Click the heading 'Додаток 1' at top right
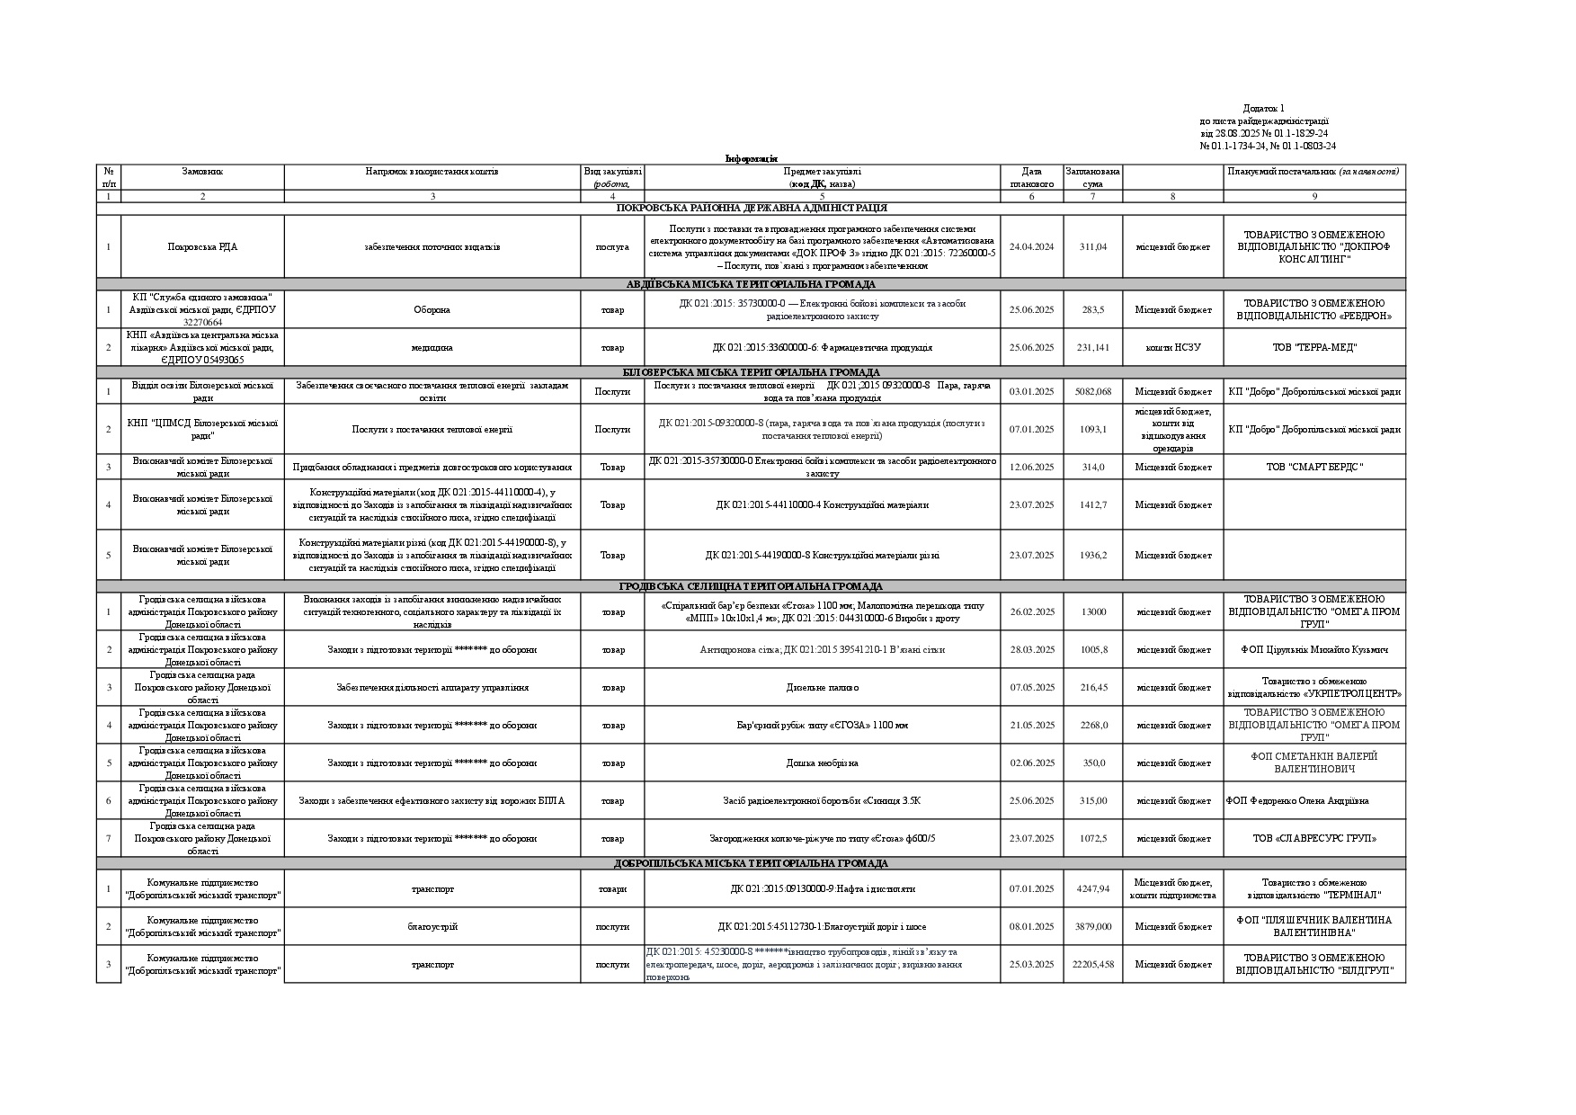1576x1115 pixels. (x=1263, y=109)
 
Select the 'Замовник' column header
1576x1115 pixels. (x=202, y=171)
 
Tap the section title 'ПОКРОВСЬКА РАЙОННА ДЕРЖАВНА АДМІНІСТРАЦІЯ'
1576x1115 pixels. (x=751, y=209)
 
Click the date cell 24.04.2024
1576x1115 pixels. (x=1031, y=246)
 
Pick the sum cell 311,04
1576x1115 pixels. (x=1092, y=246)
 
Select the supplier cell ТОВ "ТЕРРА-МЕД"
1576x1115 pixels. (x=1313, y=347)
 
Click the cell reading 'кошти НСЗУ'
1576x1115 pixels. (x=1172, y=347)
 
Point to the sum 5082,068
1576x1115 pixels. (x=1092, y=391)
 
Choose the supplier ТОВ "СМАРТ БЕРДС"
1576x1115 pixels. (x=1313, y=467)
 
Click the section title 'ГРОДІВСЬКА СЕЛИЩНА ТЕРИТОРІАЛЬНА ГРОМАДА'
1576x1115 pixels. (x=751, y=586)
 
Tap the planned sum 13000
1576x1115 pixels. (x=1092, y=612)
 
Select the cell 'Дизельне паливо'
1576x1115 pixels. (x=822, y=688)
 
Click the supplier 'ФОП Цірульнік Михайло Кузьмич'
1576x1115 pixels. (x=1313, y=650)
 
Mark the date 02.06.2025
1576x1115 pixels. (x=1031, y=763)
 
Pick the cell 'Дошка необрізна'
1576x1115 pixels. (x=822, y=763)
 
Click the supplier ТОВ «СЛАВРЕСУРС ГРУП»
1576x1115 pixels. (x=1313, y=839)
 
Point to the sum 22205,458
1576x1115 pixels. (x=1092, y=965)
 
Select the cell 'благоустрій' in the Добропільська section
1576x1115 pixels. (x=432, y=927)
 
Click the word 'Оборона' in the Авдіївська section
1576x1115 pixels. (x=432, y=310)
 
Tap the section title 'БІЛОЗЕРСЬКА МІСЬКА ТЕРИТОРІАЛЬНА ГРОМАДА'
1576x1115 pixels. (x=751, y=372)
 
